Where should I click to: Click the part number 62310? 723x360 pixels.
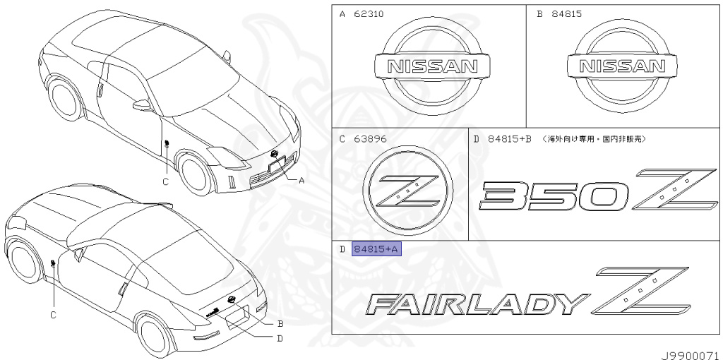click(369, 14)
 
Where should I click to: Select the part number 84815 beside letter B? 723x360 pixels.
click(566, 14)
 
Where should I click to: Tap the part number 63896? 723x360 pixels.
click(369, 139)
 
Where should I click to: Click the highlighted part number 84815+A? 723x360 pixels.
click(377, 249)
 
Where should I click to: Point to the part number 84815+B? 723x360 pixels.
click(510, 139)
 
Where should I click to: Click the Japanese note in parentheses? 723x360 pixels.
click(593, 139)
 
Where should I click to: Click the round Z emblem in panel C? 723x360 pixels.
click(407, 191)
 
